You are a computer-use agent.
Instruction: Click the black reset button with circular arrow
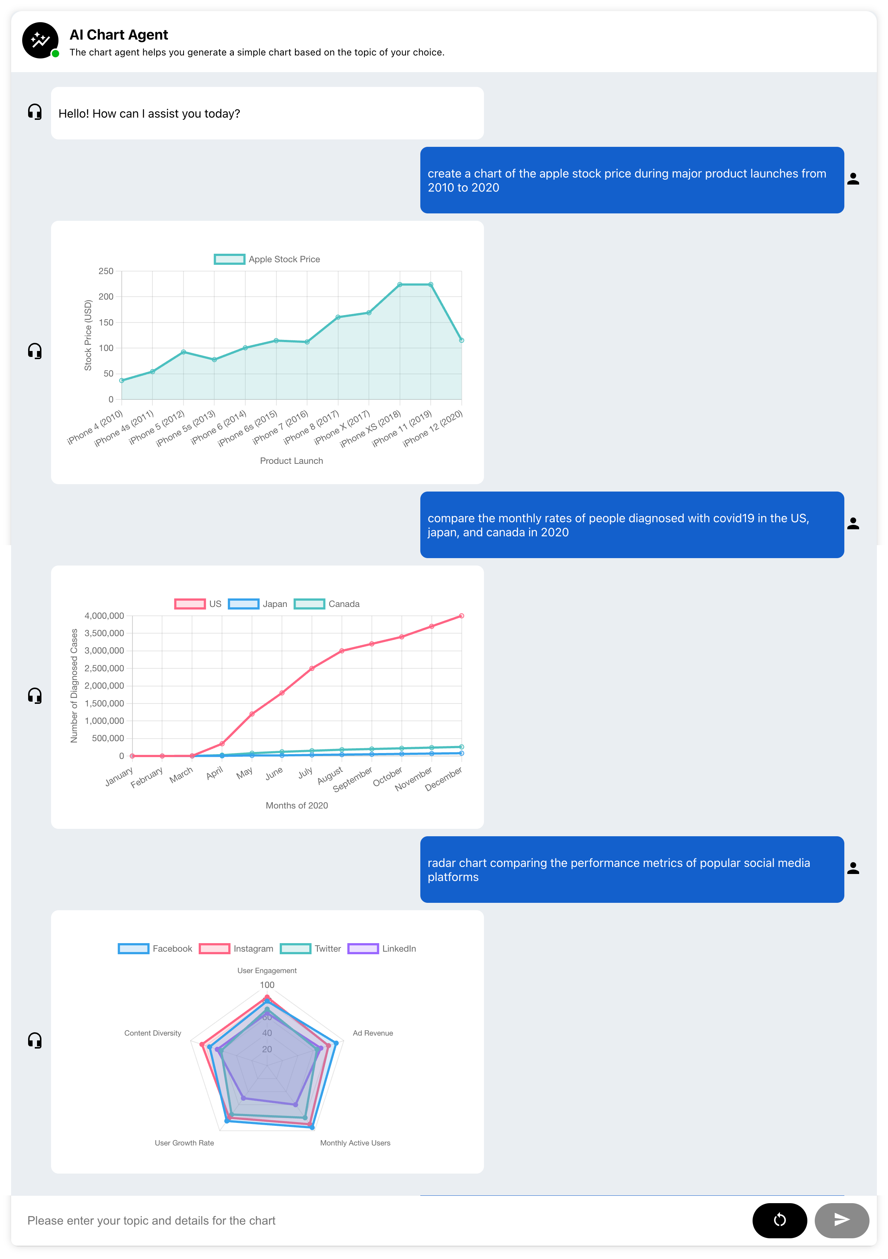coord(779,1220)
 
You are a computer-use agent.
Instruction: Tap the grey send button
coord(841,1220)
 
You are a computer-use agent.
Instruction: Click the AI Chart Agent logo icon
coord(40,40)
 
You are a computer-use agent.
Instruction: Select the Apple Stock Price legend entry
coord(267,259)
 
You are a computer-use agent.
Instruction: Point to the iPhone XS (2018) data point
coord(400,284)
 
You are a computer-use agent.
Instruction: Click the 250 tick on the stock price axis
coord(106,271)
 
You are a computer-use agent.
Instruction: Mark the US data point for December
coord(461,616)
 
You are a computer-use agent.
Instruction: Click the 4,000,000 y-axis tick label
coord(104,616)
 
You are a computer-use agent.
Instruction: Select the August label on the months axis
coord(330,775)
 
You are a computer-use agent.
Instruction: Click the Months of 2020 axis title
coord(297,806)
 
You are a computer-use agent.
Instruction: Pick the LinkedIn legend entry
coord(382,949)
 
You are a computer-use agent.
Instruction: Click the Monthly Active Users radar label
coord(355,1143)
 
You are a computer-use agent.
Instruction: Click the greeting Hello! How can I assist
coord(149,114)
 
